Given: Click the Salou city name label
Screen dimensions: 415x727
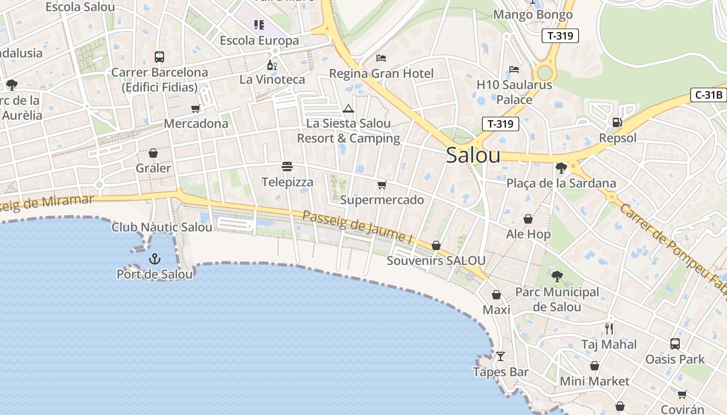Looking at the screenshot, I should [x=473, y=156].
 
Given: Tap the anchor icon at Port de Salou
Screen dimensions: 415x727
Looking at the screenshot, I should [x=155, y=259].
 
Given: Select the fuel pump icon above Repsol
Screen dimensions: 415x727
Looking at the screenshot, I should [x=617, y=122].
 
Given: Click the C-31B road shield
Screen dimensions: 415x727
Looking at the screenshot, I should [x=708, y=95].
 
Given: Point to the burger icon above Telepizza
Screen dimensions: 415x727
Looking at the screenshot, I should [x=287, y=167].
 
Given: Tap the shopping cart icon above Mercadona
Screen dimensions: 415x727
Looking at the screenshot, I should [x=196, y=108].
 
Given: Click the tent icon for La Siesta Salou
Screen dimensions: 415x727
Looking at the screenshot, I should [x=348, y=108].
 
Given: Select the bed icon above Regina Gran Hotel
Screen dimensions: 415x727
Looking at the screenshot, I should [x=381, y=58].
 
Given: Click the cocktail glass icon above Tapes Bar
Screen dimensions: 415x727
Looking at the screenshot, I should [x=501, y=356].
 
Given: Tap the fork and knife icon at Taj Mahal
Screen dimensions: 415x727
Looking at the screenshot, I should [x=609, y=328].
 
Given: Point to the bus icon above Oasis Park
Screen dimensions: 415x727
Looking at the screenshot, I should [x=675, y=343].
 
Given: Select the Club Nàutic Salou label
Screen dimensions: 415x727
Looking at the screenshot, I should [x=162, y=227].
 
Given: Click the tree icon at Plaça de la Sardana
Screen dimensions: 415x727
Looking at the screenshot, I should [x=561, y=168].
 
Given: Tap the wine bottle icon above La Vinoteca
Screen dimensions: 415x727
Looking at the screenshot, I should [x=272, y=65].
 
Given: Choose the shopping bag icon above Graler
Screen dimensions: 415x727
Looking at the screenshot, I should [x=153, y=153].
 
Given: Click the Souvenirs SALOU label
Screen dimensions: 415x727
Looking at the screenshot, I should [x=436, y=260].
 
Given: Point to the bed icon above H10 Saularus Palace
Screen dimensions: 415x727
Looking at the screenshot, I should [x=514, y=69].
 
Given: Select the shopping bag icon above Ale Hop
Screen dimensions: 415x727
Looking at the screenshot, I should [x=528, y=219].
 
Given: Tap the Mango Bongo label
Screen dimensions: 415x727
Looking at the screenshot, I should [x=533, y=15].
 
